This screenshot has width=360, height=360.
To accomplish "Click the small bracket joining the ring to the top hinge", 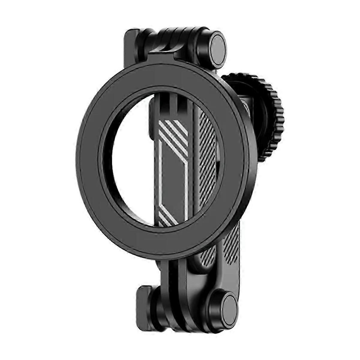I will click(162, 61).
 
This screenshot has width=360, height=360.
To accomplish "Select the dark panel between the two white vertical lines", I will click(174, 180).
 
